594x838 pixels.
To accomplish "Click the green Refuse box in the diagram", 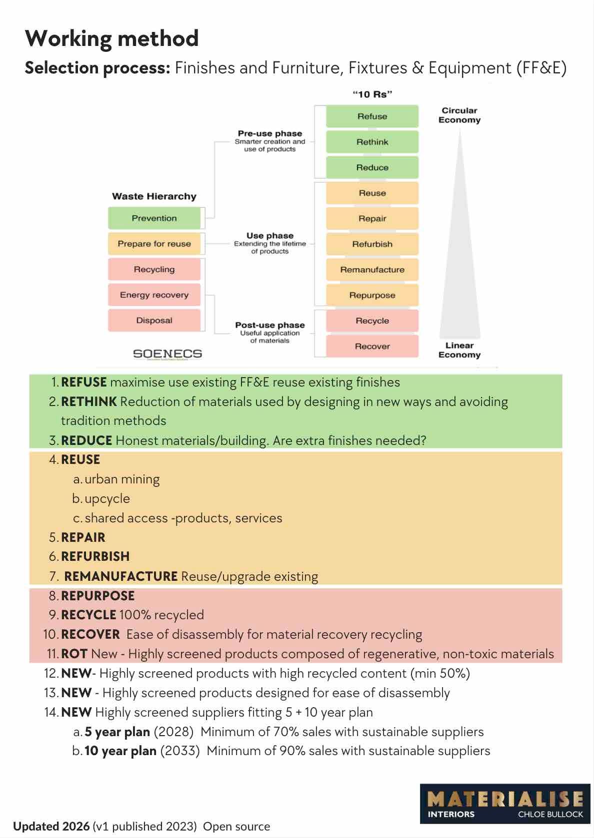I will (372, 116).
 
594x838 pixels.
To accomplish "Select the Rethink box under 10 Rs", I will (372, 142).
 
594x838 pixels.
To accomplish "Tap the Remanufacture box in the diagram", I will (372, 270).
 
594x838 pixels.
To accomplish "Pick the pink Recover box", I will (372, 346).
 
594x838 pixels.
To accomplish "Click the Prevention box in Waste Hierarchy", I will (154, 218).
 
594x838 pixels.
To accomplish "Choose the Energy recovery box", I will (154, 295).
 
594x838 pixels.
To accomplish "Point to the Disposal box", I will (154, 320).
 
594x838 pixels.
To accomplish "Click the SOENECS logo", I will (167, 354).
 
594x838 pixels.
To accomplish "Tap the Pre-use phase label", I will (270, 134).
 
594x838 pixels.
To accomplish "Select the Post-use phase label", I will (270, 325).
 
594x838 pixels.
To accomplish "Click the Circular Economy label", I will (459, 115).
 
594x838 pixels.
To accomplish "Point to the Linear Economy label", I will (459, 350).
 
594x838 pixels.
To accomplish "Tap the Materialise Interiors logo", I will (505, 803).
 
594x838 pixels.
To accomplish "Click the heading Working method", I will (112, 38).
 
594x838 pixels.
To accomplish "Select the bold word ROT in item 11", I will (74, 654).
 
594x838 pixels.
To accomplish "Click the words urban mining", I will (122, 479).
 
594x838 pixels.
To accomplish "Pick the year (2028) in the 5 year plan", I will (173, 732).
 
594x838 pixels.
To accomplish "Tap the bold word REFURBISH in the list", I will (95, 556).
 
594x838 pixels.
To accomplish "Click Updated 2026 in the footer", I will (51, 826).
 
